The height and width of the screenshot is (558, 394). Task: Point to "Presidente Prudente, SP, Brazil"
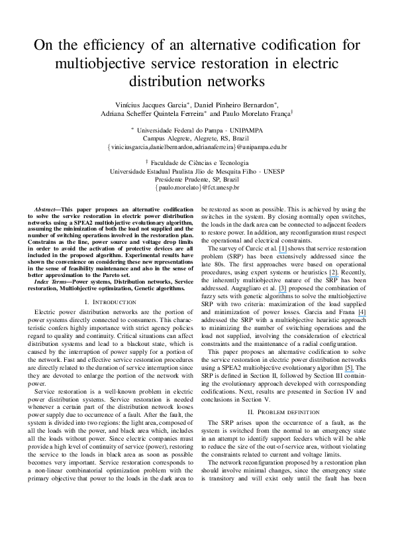[197, 178]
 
